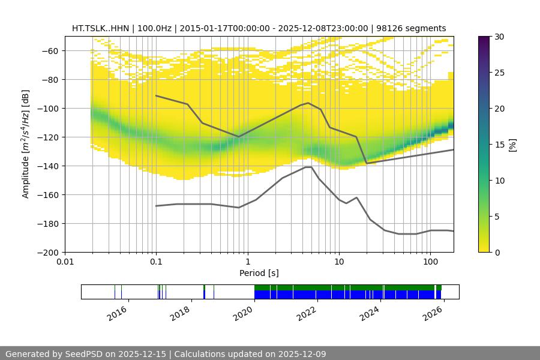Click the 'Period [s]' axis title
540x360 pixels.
pyautogui.click(x=259, y=273)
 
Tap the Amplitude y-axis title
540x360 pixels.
pyautogui.click(x=26, y=144)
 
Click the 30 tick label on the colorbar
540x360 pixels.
pyautogui.click(x=499, y=37)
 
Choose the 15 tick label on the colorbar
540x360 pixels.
pyautogui.click(x=499, y=145)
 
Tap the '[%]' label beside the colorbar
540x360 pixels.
pyautogui.click(x=512, y=145)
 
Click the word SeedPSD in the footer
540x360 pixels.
pyautogui.click(x=83, y=354)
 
